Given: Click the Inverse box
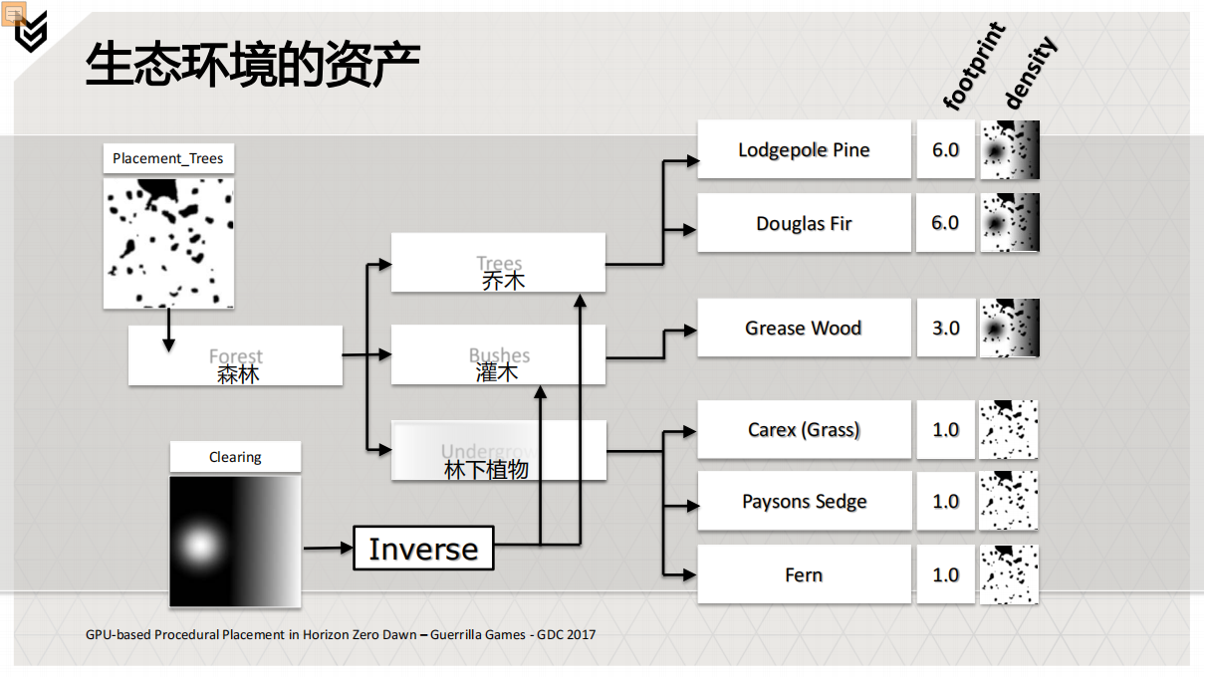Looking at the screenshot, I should pos(423,549).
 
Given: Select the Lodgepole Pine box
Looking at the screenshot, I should pos(804,149).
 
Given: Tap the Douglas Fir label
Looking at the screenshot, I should pos(804,223).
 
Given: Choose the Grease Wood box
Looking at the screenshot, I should pos(804,328).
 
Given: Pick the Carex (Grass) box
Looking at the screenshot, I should pos(804,429).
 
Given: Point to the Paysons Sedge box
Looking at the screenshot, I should pos(804,502).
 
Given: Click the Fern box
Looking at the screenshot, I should pos(804,574).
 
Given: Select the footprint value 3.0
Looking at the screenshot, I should pos(945,328).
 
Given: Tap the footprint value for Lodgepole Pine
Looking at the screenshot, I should pos(945,149).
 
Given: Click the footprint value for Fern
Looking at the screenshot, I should pos(945,574).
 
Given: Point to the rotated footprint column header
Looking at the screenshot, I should pos(973,68).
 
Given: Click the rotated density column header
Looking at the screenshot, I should pos(1029,72).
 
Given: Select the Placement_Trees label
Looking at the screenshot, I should pos(168,158).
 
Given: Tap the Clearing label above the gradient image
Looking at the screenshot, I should pos(235,457).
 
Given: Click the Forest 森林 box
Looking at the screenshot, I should pos(236,355).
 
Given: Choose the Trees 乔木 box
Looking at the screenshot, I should pos(498,263).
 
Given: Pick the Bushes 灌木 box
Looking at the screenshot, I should pos(498,354).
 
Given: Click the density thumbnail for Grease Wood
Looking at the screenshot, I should pos(1009,328).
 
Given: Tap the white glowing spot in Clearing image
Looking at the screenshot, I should pos(200,544).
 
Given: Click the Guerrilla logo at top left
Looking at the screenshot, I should pos(30,33).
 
